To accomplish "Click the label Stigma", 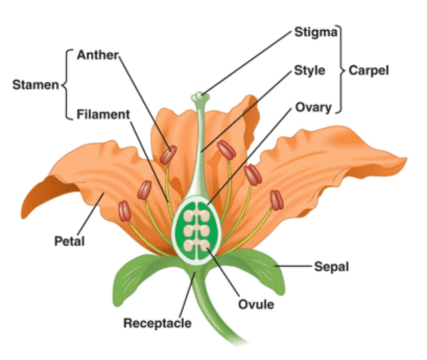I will point(316,32).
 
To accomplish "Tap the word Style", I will point(310,70).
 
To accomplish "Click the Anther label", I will point(98,54).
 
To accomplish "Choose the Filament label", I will point(103,114).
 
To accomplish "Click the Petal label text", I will point(69,241).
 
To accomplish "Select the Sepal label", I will point(331,267).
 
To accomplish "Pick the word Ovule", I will point(256,304).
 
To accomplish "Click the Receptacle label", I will point(157,323).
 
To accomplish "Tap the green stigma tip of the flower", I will point(198,97).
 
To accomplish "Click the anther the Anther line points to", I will point(168,154).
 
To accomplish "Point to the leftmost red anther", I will point(124,211).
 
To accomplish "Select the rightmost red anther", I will point(276,200).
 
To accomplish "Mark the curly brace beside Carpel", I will point(341,70).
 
